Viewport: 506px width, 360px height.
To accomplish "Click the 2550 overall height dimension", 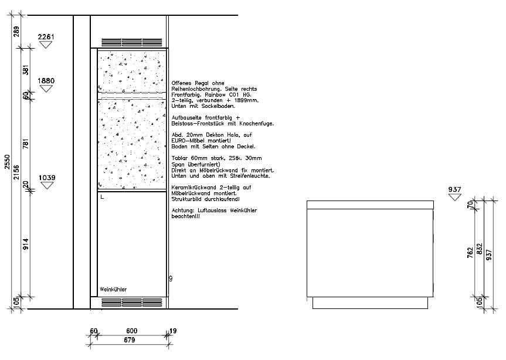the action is pos(7,162).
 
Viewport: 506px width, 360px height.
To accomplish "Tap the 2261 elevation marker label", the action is pos(46,37).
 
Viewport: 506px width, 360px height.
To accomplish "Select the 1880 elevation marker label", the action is pos(46,81).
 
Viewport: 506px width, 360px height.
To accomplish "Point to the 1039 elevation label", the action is pos(47,178).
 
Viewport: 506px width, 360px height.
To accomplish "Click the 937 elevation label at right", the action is pos(454,189).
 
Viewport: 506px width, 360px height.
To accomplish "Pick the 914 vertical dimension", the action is pos(26,244).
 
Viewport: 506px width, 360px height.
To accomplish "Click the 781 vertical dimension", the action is pos(26,144).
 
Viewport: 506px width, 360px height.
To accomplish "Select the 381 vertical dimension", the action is pos(26,70).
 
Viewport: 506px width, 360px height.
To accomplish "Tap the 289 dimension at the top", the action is pos(16,32).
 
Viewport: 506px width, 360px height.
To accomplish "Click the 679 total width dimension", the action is pos(129,340).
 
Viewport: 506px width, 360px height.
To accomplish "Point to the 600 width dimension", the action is pos(132,331).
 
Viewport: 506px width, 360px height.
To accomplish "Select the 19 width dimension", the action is pos(173,331).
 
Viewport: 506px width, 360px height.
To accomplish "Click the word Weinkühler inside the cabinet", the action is pos(113,290).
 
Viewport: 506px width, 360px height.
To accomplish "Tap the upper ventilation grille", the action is pos(132,43).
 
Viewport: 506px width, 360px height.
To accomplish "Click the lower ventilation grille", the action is pos(132,303).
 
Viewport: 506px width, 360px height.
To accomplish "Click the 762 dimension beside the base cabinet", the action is pos(470,252).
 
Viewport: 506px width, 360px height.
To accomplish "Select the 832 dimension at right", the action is pos(480,249).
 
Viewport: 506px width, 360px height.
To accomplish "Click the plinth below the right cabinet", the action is pos(370,303).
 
